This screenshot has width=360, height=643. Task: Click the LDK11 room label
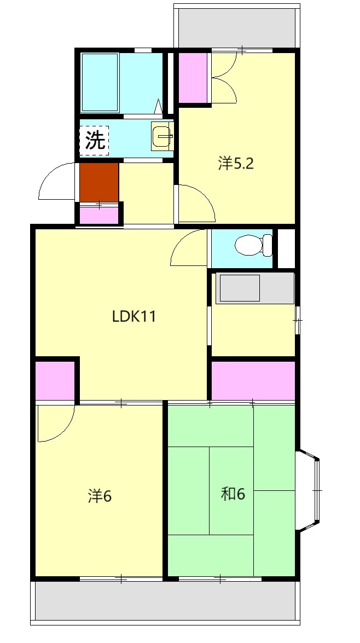pos(134,317)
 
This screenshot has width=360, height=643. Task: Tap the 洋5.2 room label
pos(236,164)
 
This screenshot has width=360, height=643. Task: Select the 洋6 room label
pos(100,496)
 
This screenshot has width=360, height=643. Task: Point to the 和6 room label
pos(233,495)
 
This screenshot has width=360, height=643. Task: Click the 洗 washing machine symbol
pos(94,141)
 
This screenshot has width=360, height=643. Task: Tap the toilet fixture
pos(253,245)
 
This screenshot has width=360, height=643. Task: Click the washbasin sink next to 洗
pos(162,136)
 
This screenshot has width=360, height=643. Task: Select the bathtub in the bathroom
pos(100,82)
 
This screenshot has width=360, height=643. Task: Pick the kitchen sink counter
pos(255,288)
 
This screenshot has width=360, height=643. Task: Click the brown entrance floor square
pos(99,182)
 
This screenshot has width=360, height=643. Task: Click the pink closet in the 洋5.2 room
pos(194,78)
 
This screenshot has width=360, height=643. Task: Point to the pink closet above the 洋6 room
pos(55,380)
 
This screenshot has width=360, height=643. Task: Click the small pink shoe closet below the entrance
pos(99,215)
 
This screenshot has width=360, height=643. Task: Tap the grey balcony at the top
pos(237,27)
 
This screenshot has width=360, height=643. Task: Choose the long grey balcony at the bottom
pos(165,600)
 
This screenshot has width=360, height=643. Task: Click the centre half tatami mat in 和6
pos(231,490)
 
